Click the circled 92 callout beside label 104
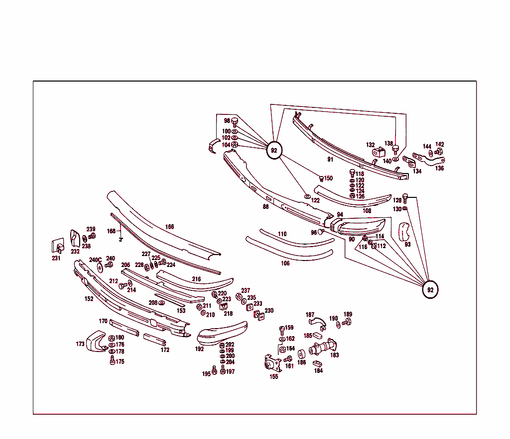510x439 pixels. (273, 150)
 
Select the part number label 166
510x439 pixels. (170, 227)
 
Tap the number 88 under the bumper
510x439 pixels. (265, 207)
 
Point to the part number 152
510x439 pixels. (89, 299)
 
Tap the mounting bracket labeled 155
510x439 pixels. (271, 364)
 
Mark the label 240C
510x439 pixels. (95, 260)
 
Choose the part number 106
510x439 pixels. (285, 263)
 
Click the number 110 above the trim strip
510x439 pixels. (282, 234)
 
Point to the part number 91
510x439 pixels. (330, 160)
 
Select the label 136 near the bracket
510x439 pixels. (439, 168)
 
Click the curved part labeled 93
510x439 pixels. (406, 232)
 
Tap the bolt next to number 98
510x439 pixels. (236, 121)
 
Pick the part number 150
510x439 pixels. (328, 178)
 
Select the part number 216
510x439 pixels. (197, 279)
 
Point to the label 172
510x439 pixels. (165, 350)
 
